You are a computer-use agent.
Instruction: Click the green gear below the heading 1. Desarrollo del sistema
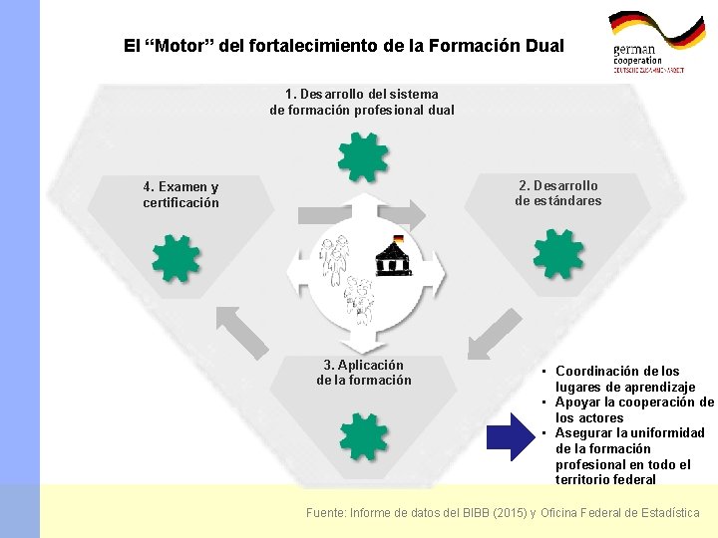point(363,157)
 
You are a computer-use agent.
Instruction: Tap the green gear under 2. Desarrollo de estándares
point(557,253)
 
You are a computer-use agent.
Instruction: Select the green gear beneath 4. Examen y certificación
point(176,259)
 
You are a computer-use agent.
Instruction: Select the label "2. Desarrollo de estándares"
point(557,193)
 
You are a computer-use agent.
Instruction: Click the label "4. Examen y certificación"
point(180,194)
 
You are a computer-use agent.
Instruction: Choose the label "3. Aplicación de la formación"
point(364,372)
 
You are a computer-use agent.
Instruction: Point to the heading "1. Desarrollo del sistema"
point(361,102)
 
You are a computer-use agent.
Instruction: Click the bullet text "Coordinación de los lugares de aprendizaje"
point(624,379)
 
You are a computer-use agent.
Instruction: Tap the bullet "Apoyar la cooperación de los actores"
point(633,409)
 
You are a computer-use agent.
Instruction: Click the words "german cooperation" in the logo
point(637,55)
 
